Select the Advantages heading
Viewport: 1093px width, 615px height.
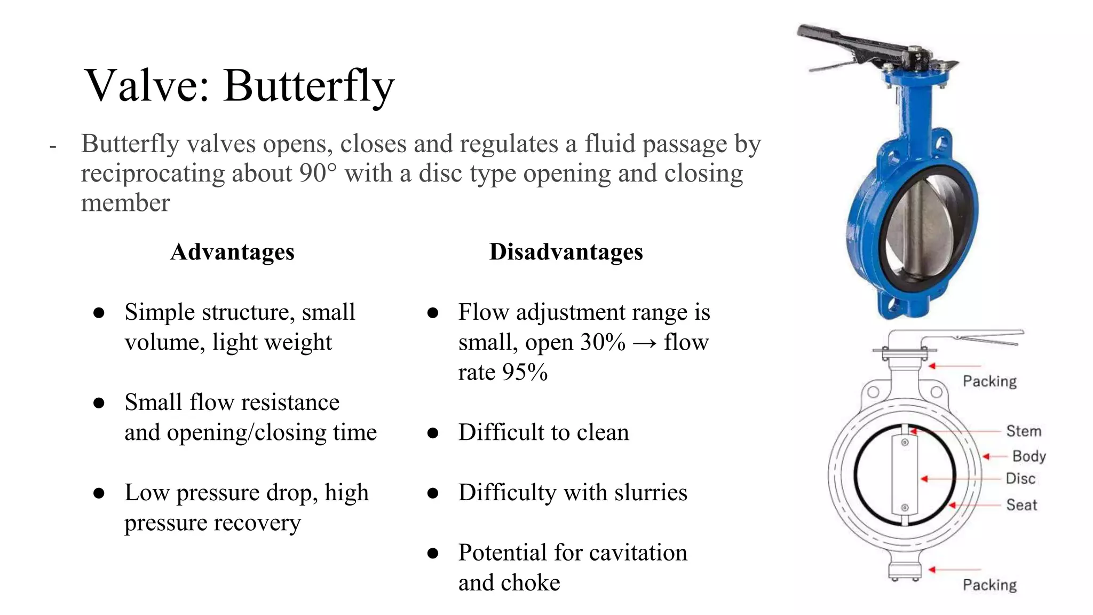(232, 252)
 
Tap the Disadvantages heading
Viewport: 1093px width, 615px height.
(566, 252)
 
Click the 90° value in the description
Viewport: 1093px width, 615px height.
(318, 174)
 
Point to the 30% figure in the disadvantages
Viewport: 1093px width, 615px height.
(603, 342)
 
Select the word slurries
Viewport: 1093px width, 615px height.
(651, 493)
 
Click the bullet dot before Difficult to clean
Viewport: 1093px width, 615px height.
(433, 433)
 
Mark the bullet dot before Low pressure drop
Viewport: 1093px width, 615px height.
(99, 493)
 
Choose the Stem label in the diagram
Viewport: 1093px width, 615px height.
(1023, 431)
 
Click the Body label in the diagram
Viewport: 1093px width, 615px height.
(1028, 456)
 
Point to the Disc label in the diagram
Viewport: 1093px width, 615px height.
(1020, 478)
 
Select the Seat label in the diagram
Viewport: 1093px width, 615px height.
(1021, 504)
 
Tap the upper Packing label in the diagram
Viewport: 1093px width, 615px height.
(989, 381)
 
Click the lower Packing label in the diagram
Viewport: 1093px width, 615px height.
(989, 585)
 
